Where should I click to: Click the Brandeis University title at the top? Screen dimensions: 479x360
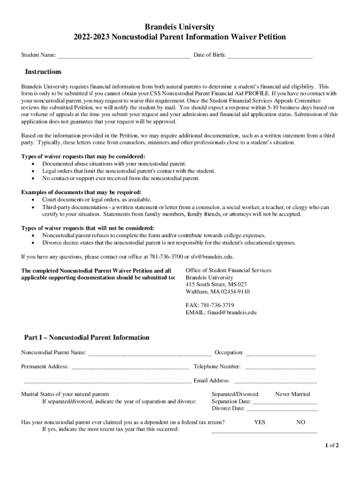[180, 27]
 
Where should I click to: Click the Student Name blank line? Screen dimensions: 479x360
[123, 56]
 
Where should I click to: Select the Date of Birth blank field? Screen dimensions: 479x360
[270, 56]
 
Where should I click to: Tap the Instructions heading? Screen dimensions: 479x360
[43, 72]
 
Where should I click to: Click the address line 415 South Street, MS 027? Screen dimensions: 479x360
[216, 284]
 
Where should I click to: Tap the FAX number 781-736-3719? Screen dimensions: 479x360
[221, 305]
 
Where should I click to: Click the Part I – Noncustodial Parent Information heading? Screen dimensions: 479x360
[86, 337]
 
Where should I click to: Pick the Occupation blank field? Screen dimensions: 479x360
[281, 353]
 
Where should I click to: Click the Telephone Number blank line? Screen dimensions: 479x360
[280, 367]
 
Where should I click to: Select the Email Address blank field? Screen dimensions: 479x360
[275, 381]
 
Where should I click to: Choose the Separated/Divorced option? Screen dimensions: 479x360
[235, 394]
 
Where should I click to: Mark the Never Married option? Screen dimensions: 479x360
[292, 394]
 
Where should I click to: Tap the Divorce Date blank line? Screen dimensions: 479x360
[282, 408]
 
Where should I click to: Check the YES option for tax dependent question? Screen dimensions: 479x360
[259, 422]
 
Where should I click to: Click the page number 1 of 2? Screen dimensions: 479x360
[332, 445]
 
